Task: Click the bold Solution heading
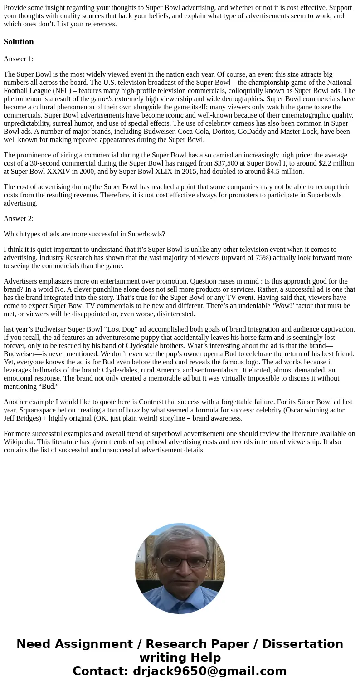click(19, 42)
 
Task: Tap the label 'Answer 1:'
click(19, 59)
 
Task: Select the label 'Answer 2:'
click(19, 218)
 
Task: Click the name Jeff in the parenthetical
click(10, 418)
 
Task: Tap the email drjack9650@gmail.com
click(209, 671)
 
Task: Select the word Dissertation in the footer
click(302, 644)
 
